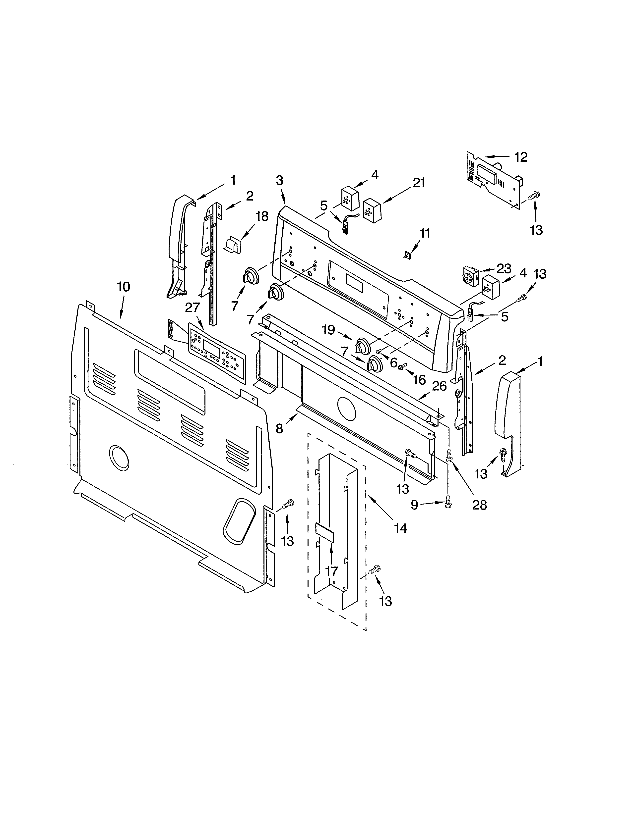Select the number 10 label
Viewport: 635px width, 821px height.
[x=123, y=287]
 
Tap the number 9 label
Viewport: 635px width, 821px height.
[x=414, y=505]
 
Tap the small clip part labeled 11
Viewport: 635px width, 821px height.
[x=406, y=256]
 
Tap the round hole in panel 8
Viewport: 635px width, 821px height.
[x=346, y=409]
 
